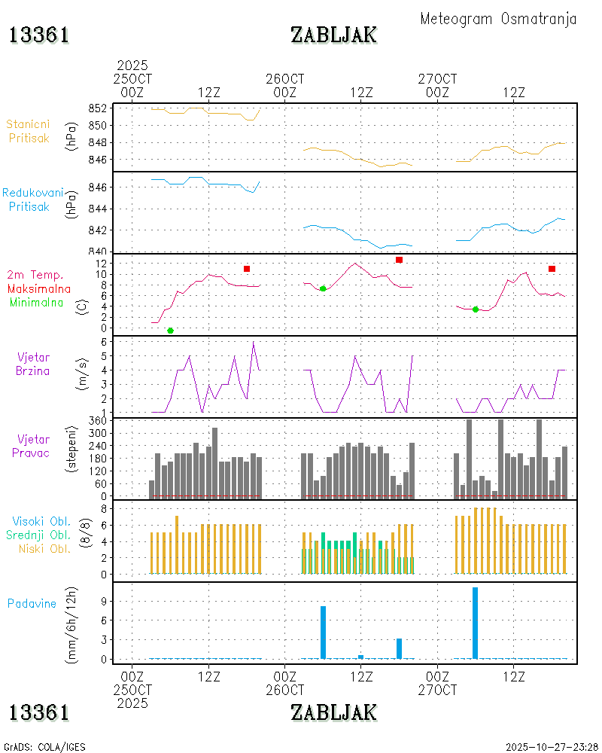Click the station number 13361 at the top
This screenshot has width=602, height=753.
(39, 35)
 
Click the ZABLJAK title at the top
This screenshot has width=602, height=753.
(333, 35)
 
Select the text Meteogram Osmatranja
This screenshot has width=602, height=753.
(498, 19)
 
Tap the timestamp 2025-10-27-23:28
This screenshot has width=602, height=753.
(552, 747)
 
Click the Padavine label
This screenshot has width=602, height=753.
(32, 603)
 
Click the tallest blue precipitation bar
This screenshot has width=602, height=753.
(475, 623)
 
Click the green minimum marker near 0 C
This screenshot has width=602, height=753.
(170, 331)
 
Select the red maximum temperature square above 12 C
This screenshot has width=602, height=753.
(399, 260)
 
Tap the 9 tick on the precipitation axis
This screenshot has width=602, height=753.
(105, 601)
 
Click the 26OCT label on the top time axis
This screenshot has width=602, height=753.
(285, 79)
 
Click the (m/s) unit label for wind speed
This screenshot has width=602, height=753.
(84, 376)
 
